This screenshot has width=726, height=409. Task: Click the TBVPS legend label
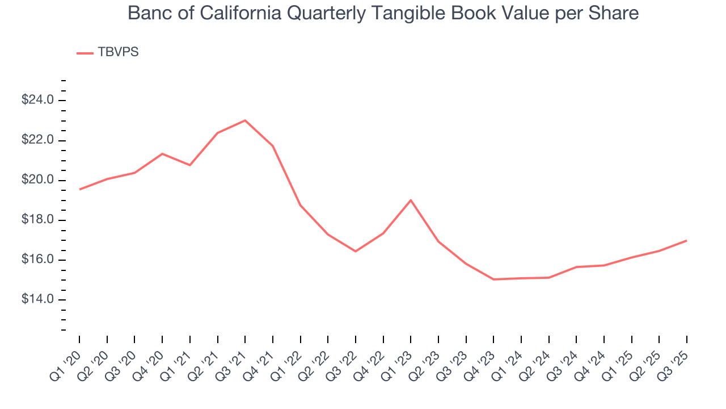(x=118, y=52)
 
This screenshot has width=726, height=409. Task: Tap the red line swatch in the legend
(x=85, y=53)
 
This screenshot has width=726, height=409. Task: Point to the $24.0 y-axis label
(x=37, y=101)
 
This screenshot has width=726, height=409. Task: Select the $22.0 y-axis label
(x=37, y=140)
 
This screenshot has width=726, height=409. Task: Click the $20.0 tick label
(x=37, y=180)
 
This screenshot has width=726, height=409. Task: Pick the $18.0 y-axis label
(x=37, y=220)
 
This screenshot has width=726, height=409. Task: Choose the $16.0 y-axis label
(x=37, y=260)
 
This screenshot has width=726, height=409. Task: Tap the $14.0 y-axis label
(x=37, y=299)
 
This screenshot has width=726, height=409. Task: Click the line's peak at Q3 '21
(x=245, y=120)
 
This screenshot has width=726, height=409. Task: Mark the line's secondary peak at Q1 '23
(x=411, y=200)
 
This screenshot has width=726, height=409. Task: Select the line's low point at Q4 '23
(x=493, y=279)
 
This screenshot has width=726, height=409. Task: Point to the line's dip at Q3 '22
(x=356, y=251)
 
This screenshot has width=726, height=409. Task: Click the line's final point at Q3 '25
(x=687, y=240)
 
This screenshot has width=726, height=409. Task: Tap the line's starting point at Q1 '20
(x=79, y=189)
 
